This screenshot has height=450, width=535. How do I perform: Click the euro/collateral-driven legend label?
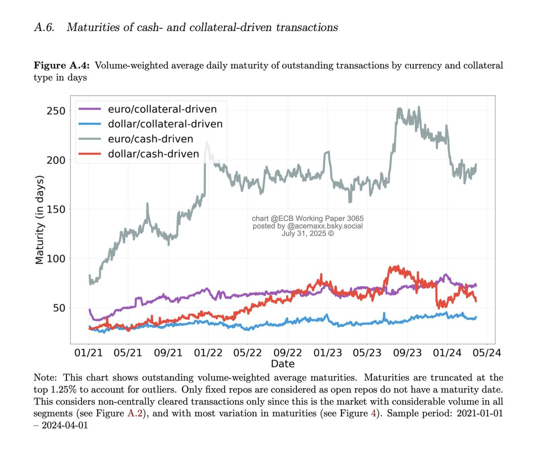click(162, 109)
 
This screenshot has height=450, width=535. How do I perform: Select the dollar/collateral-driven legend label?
click(165, 124)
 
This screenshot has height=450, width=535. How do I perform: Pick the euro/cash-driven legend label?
click(150, 139)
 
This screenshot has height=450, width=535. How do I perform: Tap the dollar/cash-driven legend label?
click(153, 154)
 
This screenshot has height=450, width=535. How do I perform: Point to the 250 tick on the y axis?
click(56, 111)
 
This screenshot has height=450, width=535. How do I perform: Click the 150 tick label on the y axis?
click(56, 209)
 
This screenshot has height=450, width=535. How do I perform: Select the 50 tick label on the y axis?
click(59, 308)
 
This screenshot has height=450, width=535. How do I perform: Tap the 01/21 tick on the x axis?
click(88, 353)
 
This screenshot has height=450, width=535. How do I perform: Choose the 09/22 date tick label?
click(288, 353)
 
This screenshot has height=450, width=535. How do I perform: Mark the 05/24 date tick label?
click(487, 353)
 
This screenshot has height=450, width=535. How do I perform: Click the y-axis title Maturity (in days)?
click(40, 220)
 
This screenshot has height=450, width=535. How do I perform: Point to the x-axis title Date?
click(283, 364)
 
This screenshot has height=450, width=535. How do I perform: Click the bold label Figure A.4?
click(62, 65)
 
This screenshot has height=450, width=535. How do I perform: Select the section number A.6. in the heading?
click(44, 27)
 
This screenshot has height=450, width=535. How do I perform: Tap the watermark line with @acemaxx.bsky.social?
click(308, 226)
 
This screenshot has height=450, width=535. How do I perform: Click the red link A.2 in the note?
click(135, 413)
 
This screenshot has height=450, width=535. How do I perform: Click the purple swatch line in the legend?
click(90, 109)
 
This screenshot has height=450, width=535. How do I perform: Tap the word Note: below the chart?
click(45, 377)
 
